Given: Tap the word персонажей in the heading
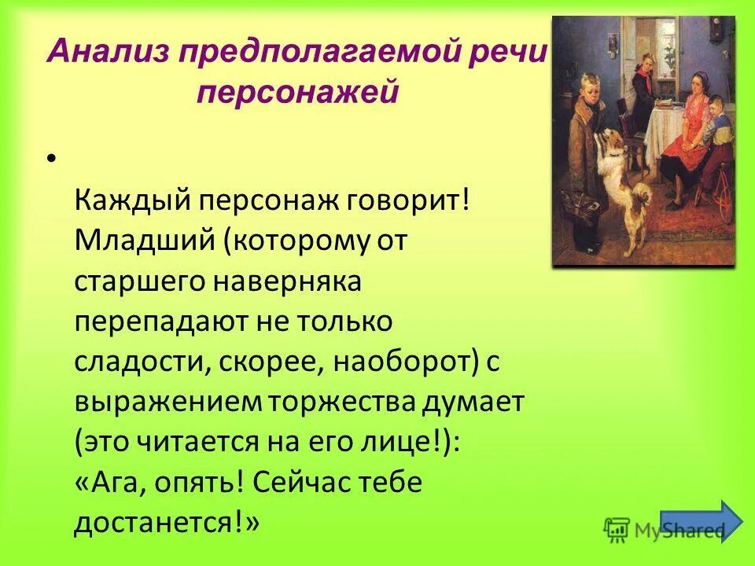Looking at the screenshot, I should [x=298, y=93].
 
